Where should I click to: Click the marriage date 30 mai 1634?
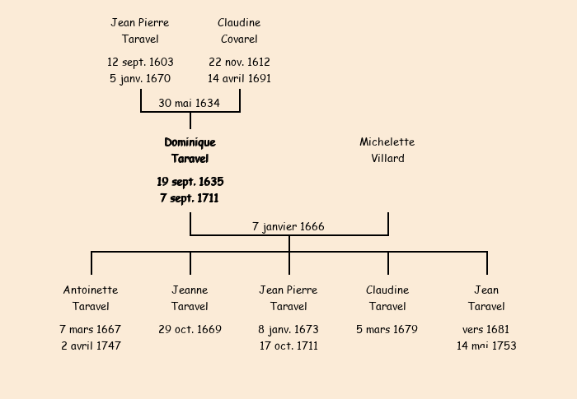tap(190, 103)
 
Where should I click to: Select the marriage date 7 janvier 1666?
tap(288, 226)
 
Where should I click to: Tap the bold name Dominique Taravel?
tap(190, 151)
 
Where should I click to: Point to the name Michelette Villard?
tap(387, 151)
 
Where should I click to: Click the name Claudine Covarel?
tap(239, 31)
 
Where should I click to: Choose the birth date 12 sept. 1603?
tap(140, 62)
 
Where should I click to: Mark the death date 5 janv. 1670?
tap(140, 79)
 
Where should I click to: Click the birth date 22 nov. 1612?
tap(239, 62)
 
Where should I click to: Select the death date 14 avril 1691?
tap(239, 79)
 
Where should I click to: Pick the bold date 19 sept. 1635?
tap(190, 181)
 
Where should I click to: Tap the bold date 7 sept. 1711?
tap(190, 198)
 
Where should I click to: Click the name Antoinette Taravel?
tap(91, 299)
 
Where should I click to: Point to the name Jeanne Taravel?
tap(190, 299)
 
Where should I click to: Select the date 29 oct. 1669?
tap(190, 329)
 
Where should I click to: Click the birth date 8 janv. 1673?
tap(288, 329)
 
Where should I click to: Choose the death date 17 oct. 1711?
tap(288, 346)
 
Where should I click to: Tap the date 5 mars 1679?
tap(387, 329)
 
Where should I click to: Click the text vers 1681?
tap(486, 329)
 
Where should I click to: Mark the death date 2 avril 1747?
tap(91, 346)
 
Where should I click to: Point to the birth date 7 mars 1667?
tap(91, 329)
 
